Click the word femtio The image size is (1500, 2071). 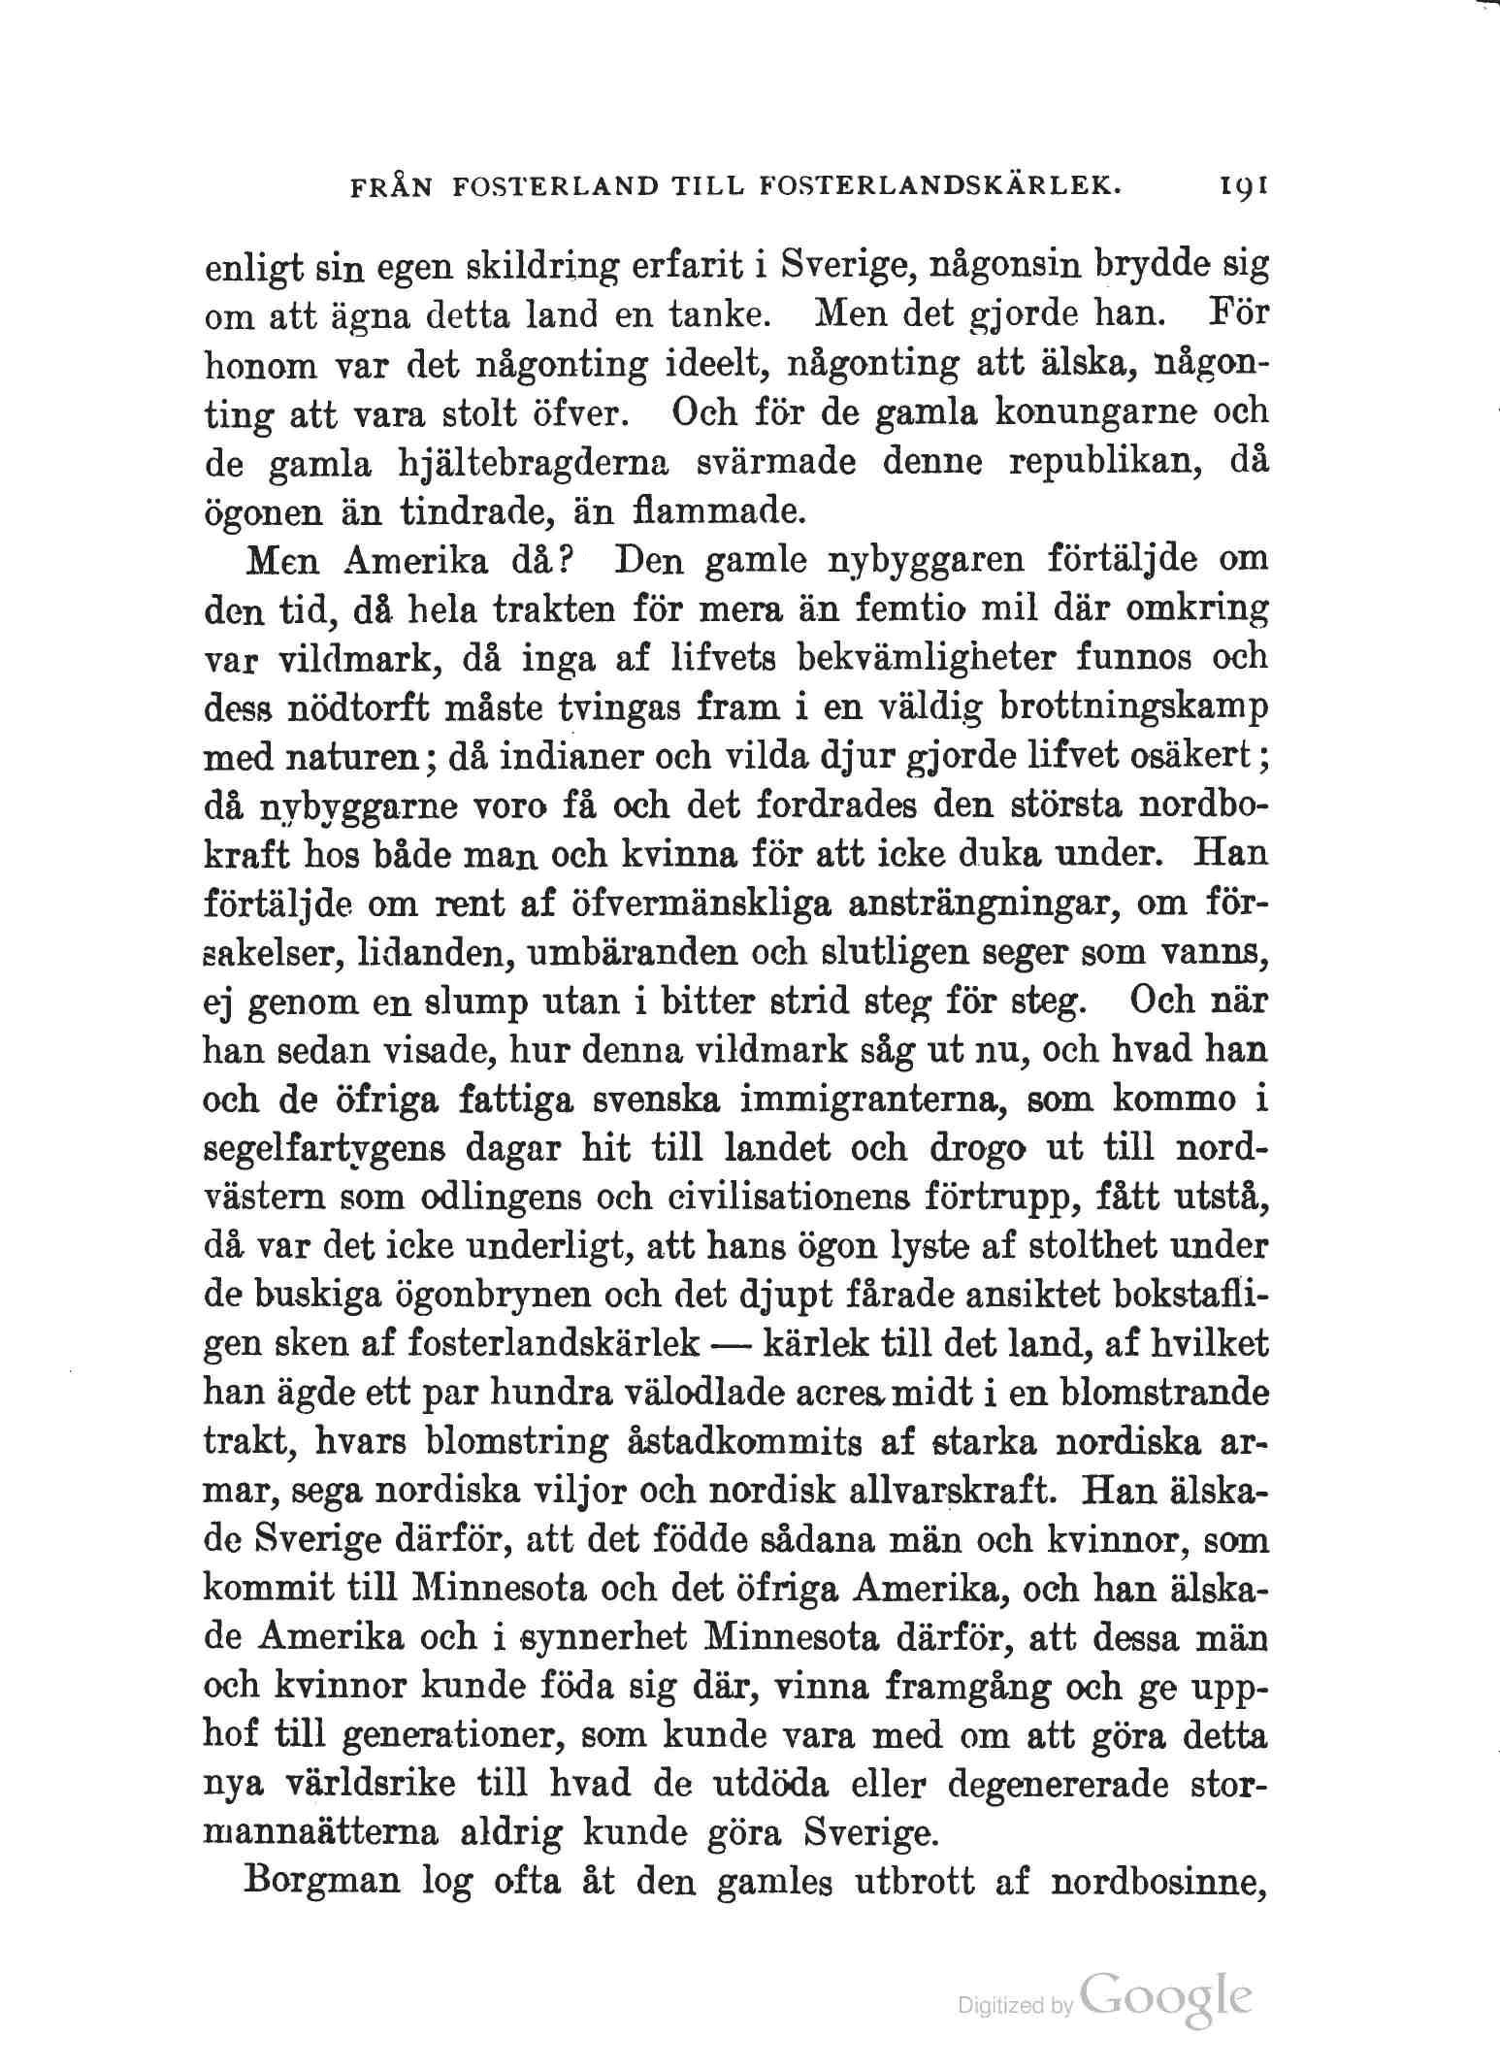click(918, 610)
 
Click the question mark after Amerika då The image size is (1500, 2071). click(570, 561)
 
